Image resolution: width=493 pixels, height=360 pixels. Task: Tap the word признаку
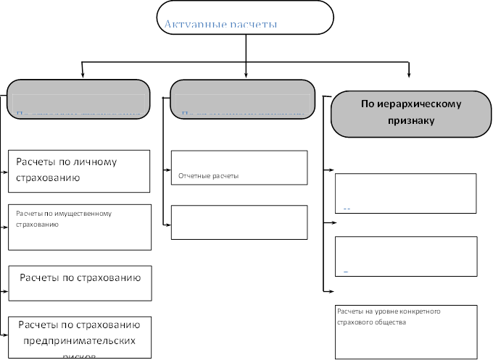[410, 121]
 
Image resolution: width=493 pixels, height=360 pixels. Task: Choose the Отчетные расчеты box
[239, 168]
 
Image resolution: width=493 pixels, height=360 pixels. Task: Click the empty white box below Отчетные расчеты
[239, 222]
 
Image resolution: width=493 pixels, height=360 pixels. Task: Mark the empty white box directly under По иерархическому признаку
[405, 193]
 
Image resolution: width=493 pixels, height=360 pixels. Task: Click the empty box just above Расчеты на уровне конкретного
[405, 256]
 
